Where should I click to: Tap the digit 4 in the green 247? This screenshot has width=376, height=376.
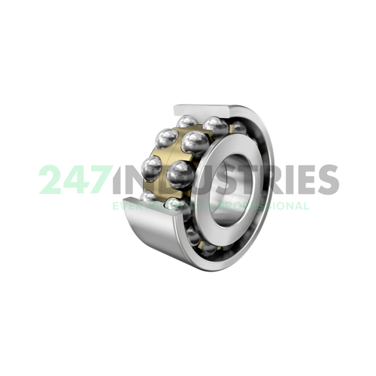click(x=77, y=180)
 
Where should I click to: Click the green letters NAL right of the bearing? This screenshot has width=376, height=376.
click(x=296, y=205)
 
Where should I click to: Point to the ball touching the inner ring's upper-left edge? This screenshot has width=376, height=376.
click(x=196, y=141)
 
